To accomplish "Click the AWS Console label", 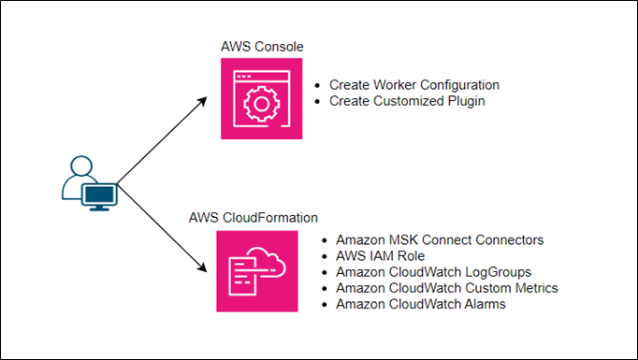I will pos(262,46).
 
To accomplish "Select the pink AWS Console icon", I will pos(261,98).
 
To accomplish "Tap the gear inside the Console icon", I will pos(262,99).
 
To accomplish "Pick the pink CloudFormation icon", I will pos(261,270).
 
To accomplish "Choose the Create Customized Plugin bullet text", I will pos(407,100).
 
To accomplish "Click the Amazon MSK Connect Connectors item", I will pos(439,239).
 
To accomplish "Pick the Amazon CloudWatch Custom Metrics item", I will pos(446,287).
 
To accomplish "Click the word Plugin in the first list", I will pos(465,100).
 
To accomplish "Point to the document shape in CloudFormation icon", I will pos(245,277).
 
